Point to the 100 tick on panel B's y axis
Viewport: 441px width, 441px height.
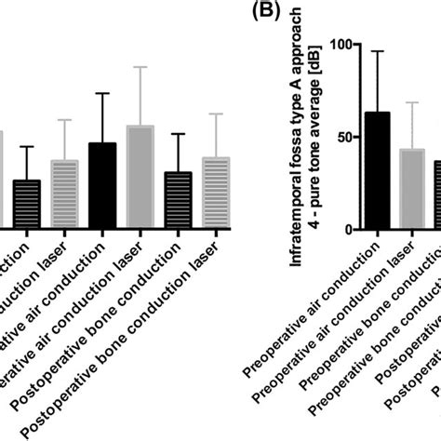(x=338, y=45)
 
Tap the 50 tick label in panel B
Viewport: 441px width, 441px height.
(x=342, y=137)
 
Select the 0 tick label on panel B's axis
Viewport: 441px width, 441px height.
(x=348, y=229)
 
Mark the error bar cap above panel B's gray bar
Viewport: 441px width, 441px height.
(x=412, y=102)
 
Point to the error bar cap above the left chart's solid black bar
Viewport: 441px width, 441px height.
(x=101, y=94)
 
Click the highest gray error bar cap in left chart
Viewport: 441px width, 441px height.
(x=140, y=67)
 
